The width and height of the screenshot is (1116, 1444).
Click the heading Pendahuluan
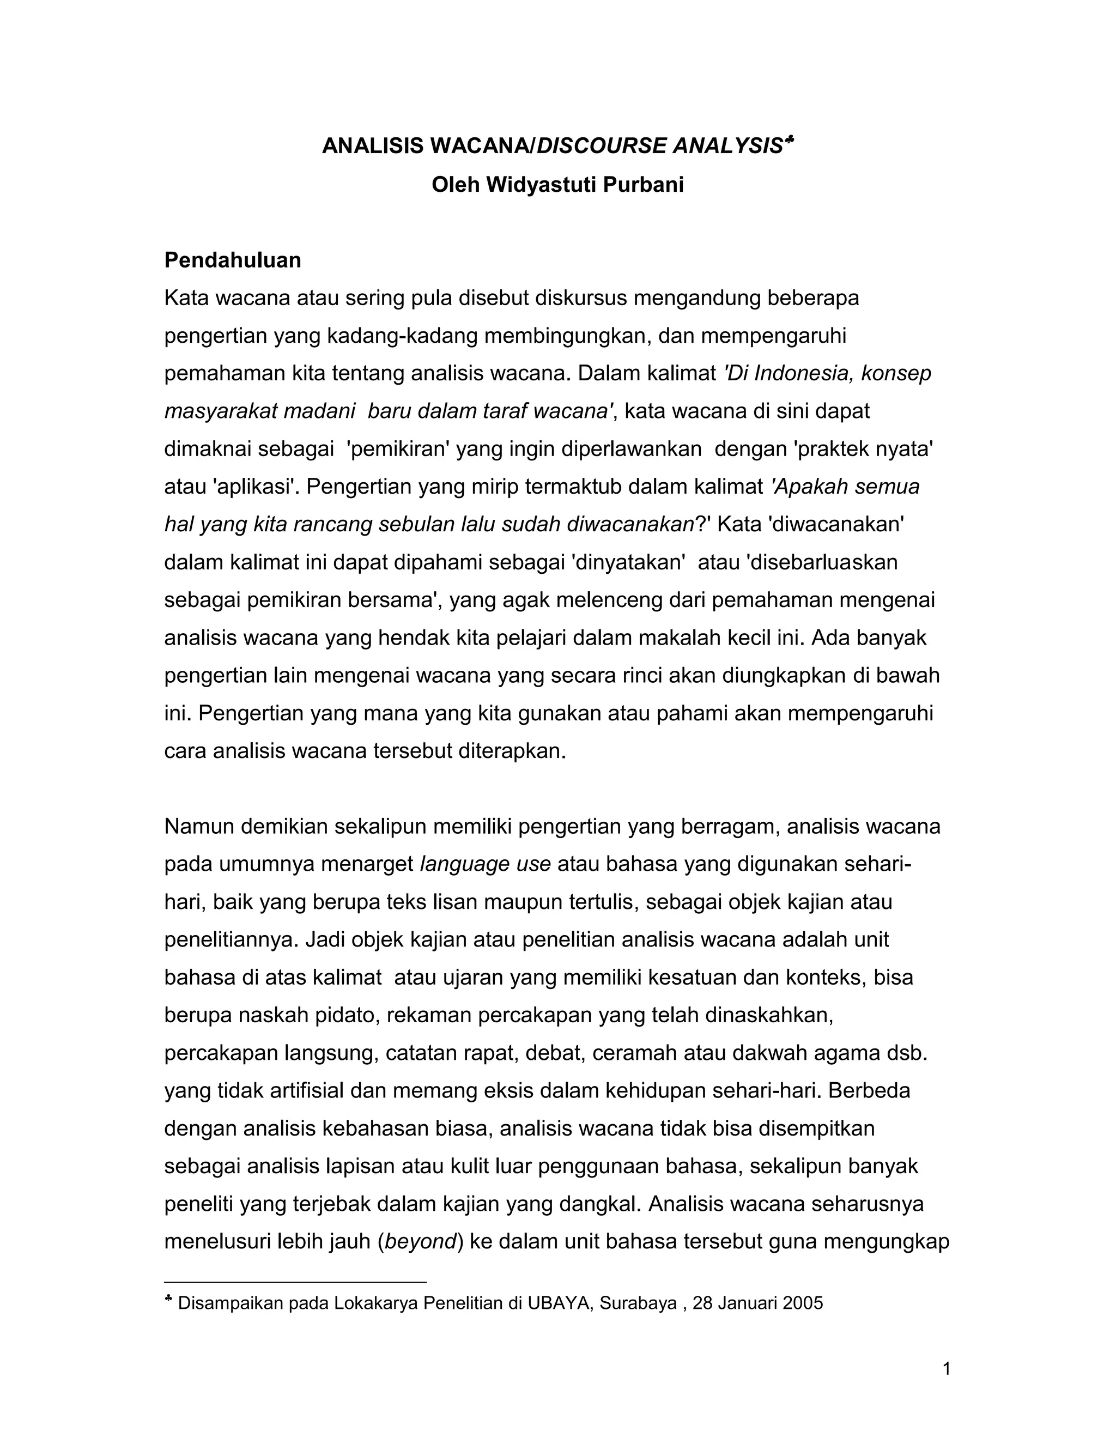[x=232, y=260]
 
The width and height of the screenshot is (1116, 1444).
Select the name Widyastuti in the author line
[x=542, y=185]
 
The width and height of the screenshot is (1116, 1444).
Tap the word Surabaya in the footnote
[x=638, y=1303]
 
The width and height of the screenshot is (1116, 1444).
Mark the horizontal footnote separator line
[x=295, y=1282]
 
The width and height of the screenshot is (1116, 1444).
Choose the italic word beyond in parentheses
[x=421, y=1242]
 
